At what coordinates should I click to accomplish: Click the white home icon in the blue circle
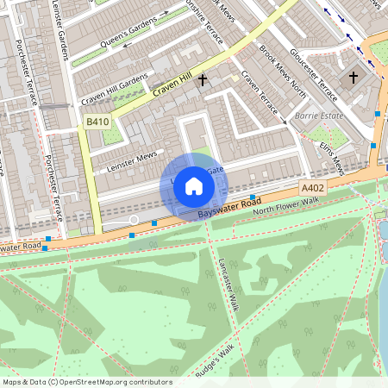[194, 186]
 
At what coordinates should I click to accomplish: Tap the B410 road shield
[97, 123]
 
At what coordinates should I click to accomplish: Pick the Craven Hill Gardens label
[115, 91]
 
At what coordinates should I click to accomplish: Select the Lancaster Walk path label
[228, 284]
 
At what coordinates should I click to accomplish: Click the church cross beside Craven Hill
[203, 81]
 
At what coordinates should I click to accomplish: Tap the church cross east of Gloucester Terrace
[353, 78]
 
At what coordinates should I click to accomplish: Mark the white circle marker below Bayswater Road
[134, 220]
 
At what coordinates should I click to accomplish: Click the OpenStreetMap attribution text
[87, 382]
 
